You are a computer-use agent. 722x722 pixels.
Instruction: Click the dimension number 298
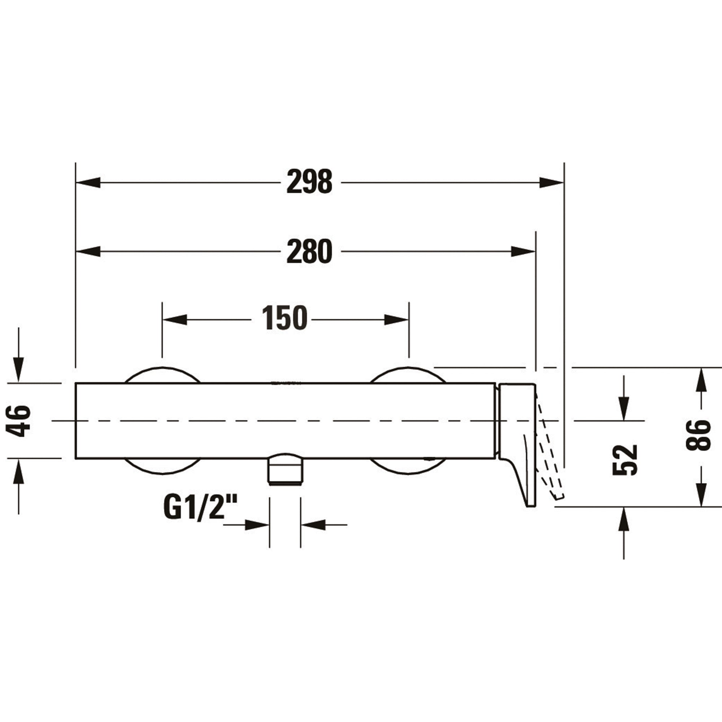pyautogui.click(x=309, y=182)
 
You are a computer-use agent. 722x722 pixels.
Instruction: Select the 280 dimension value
pyautogui.click(x=309, y=251)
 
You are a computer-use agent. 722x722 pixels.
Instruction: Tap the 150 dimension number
pyautogui.click(x=285, y=318)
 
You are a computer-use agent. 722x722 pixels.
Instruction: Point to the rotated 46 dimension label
pyautogui.click(x=19, y=421)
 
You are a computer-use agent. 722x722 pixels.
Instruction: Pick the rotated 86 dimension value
pyautogui.click(x=698, y=435)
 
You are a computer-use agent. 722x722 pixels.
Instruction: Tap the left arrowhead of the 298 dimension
pyautogui.click(x=88, y=182)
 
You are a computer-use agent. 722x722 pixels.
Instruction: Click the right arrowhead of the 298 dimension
pyautogui.click(x=551, y=182)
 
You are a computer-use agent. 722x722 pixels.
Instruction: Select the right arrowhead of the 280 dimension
pyautogui.click(x=523, y=252)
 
